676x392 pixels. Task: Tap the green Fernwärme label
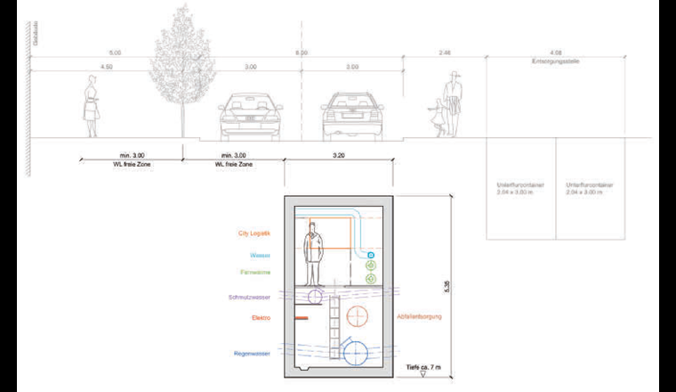tap(255, 272)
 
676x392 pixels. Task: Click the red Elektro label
tap(261, 317)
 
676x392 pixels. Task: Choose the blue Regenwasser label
tap(253, 354)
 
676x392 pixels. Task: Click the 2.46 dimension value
tap(444, 53)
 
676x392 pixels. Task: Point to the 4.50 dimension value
tap(107, 67)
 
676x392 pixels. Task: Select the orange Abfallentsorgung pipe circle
tap(358, 316)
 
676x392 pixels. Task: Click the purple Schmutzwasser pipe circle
tap(314, 296)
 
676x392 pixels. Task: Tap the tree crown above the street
tap(185, 53)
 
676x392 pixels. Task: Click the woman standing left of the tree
tap(91, 107)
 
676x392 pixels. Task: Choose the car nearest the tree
tap(250, 116)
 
